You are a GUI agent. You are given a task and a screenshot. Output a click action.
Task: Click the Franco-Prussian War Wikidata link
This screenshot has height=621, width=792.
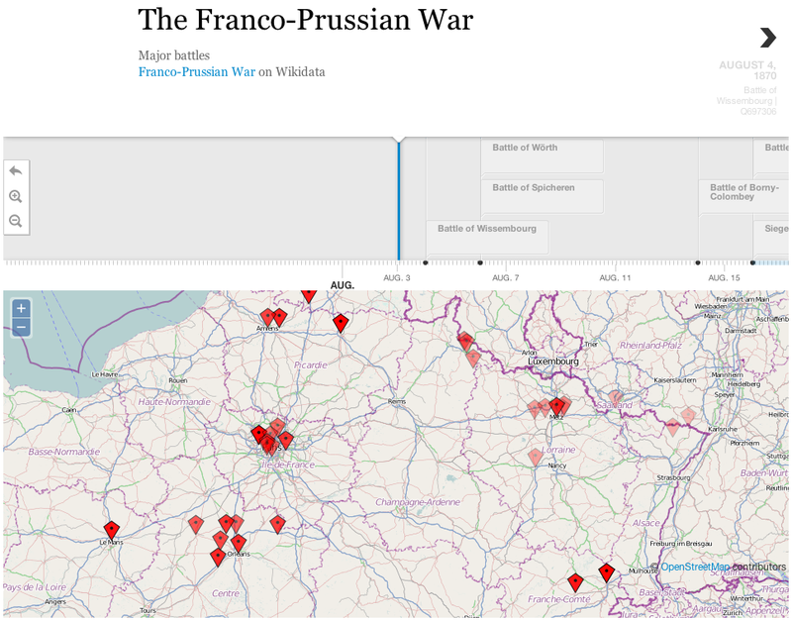coord(197,71)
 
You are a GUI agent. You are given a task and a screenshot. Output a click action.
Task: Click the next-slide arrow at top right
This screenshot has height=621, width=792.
coord(768,38)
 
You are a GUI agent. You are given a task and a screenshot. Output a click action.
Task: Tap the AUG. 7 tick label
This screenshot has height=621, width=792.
coord(504,278)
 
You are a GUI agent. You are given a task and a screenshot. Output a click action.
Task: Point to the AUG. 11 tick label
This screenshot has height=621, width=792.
coord(615,278)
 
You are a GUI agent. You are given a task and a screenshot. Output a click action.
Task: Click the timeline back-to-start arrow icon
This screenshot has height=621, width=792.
coord(16,170)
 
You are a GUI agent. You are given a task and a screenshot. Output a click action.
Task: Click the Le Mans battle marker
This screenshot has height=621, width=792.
coord(112,532)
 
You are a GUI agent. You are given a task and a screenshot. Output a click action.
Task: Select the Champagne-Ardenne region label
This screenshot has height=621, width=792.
coord(417,502)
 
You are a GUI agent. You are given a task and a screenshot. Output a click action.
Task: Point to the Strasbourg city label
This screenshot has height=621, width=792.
coord(673,477)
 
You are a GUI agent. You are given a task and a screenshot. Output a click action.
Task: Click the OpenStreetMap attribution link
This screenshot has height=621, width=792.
coord(696,568)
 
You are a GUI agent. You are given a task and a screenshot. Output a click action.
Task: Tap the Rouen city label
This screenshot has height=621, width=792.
coord(178,380)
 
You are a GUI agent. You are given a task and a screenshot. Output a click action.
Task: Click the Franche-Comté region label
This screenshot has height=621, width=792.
coord(559,599)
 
